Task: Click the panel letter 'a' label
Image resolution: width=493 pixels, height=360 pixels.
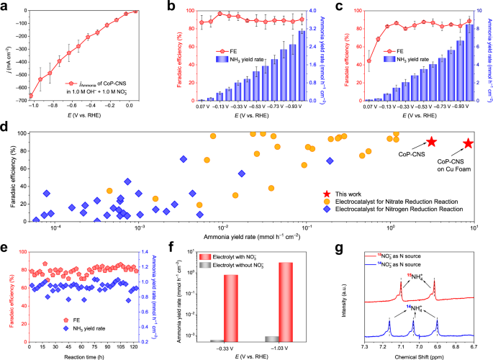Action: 6,6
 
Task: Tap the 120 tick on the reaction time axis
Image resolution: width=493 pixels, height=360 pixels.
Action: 142,346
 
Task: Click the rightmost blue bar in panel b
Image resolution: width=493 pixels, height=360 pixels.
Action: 302,66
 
